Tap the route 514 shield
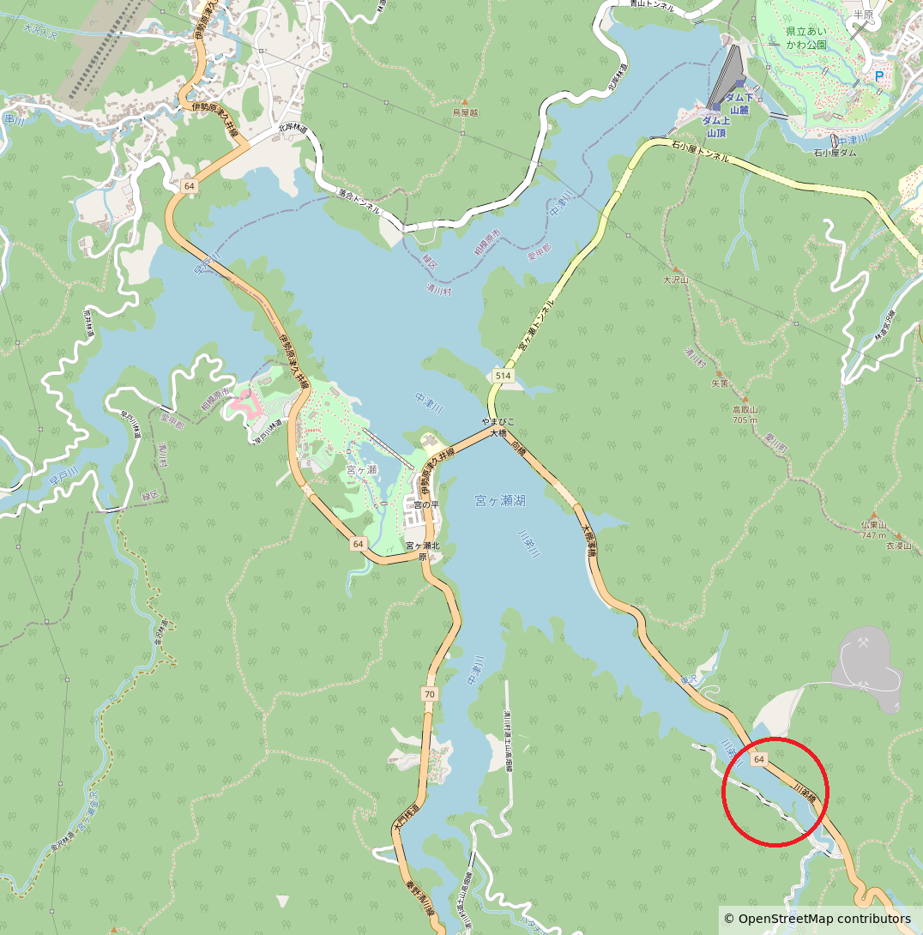coord(503,376)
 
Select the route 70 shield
coord(430,693)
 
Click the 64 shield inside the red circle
coord(759,760)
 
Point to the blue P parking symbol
coord(878,76)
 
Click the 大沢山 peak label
coord(676,280)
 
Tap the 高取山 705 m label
coord(744,415)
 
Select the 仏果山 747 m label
coord(874,529)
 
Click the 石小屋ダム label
coord(835,153)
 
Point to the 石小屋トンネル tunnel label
coord(699,152)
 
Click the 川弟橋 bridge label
coord(805,792)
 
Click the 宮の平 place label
coord(426,504)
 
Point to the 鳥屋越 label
coord(465,112)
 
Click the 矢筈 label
coord(720,383)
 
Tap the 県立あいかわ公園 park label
coord(806,37)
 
